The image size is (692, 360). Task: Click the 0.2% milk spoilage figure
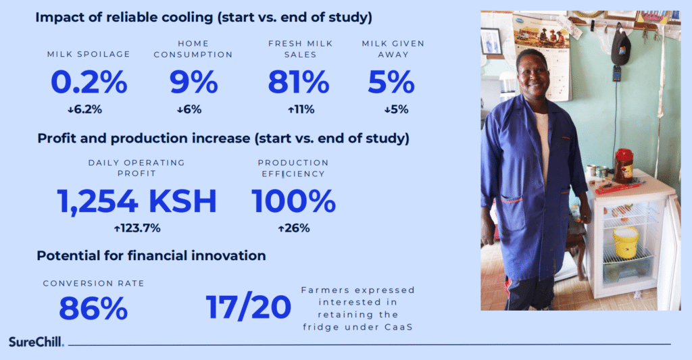(89, 82)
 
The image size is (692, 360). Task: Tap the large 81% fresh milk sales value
(299, 82)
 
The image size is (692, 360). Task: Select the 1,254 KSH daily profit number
(137, 201)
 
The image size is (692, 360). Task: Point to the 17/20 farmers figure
(249, 307)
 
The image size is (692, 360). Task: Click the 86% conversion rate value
(93, 309)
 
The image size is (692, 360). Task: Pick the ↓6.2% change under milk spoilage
(84, 109)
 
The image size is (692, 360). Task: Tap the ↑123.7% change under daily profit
(137, 228)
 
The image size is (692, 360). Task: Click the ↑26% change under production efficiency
(294, 228)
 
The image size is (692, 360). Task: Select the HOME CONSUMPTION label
(193, 49)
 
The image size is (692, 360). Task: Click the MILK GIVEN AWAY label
(393, 49)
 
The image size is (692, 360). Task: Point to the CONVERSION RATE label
(93, 283)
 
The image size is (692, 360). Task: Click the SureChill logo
(36, 342)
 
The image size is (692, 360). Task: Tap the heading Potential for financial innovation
(151, 255)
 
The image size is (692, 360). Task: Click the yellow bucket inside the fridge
(626, 242)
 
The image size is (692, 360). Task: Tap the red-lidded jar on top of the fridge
(624, 166)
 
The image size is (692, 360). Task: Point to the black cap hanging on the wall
(620, 45)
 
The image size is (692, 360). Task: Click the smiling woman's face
(533, 74)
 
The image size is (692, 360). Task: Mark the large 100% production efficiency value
(293, 201)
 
